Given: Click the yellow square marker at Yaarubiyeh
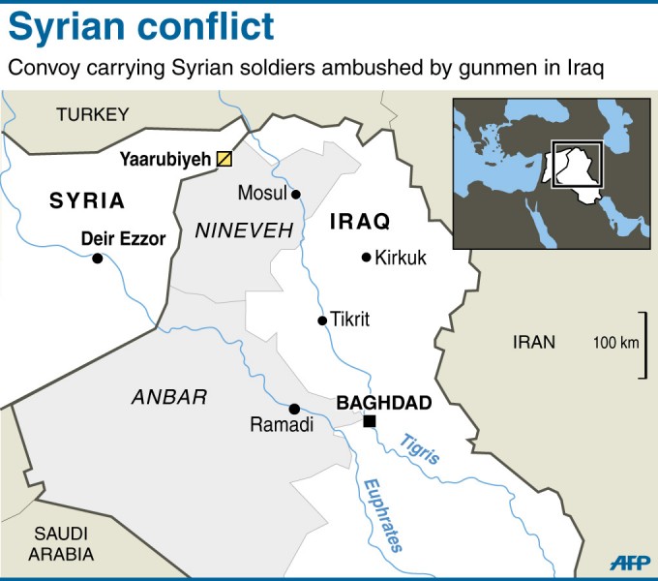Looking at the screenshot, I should [224, 159].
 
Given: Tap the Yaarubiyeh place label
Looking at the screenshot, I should [164, 159].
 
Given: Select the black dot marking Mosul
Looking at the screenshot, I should [297, 194].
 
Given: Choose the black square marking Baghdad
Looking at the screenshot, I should [369, 420].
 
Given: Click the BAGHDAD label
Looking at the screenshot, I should [383, 401].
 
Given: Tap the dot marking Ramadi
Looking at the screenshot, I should [294, 409].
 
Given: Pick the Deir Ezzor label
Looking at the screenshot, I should [123, 238].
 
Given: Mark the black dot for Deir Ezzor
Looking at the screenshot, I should [97, 258].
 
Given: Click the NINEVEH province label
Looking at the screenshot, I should [230, 230].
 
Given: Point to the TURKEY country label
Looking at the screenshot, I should [92, 114].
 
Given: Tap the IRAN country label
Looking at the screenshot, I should [534, 341].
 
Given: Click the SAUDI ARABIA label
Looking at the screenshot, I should [61, 544].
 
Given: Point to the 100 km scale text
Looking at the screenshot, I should [616, 343].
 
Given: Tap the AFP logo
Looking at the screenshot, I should [630, 562].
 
